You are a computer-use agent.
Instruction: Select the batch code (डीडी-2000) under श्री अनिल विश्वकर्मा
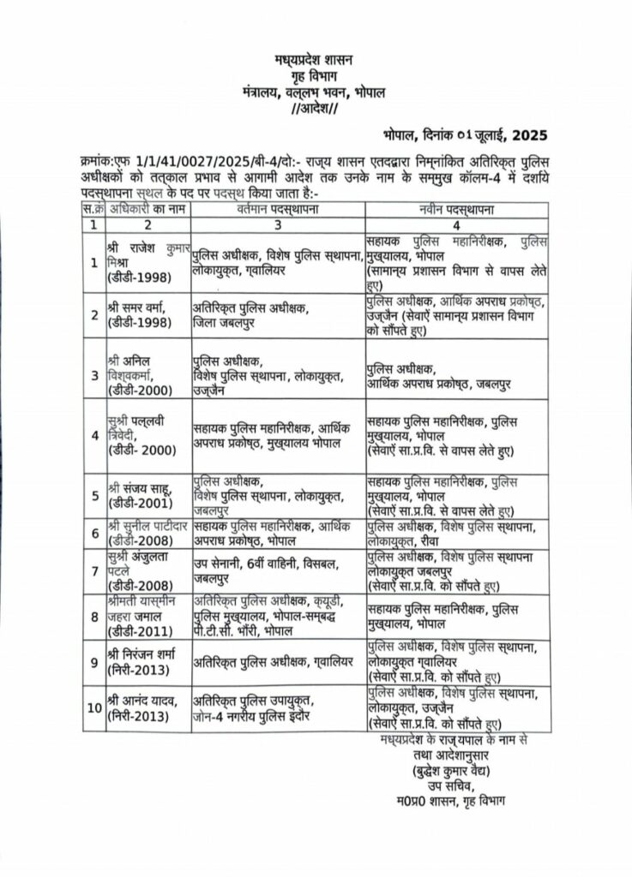pos(142,389)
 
